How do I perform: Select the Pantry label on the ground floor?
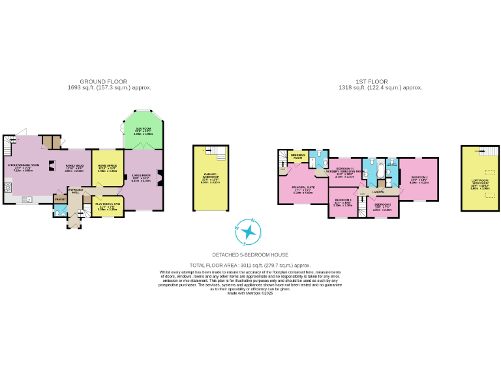pyautogui.click(x=59, y=199)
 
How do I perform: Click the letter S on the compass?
pyautogui.click(x=244, y=243)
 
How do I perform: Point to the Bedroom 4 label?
pyautogui.click(x=342, y=202)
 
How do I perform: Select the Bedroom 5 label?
pyautogui.click(x=382, y=206)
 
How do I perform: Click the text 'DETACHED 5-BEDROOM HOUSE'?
pyautogui.click(x=250, y=255)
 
